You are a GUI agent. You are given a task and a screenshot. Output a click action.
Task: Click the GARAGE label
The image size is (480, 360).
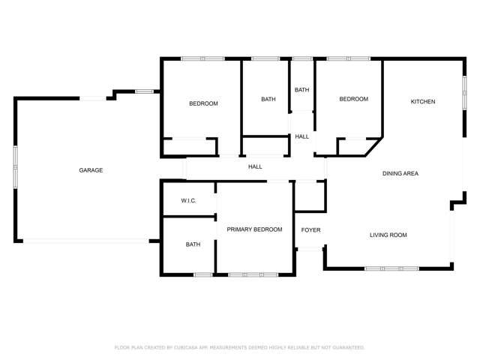pos(91,170)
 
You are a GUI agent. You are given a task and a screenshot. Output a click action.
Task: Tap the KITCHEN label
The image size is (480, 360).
pos(423,101)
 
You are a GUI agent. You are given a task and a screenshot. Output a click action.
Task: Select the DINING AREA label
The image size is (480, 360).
pos(400,174)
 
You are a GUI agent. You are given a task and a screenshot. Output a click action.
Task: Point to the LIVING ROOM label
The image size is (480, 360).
pos(388,235)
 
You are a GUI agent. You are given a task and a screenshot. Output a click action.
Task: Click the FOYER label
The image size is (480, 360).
pos(310,229)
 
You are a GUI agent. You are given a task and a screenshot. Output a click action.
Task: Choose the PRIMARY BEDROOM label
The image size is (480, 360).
pos(254,229)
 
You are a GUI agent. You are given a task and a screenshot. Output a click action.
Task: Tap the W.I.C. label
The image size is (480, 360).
pos(189,201)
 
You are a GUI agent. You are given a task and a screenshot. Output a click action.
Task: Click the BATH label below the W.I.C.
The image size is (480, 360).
pos(193,244)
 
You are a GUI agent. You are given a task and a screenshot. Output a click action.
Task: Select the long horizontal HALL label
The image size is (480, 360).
pos(255,166)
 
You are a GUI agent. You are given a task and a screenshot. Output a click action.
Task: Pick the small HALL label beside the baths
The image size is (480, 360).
pos(301,136)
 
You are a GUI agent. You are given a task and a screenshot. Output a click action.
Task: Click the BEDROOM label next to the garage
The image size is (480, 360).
pos(203,103)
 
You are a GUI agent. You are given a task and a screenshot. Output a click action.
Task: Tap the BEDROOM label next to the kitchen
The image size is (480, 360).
pos(353,99)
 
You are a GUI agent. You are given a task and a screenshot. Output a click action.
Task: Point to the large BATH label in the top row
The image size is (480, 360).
pos(268,99)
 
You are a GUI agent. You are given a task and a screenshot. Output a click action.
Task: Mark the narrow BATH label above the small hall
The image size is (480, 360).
pos(301,90)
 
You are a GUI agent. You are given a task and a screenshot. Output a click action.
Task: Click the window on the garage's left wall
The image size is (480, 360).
pos(15,167)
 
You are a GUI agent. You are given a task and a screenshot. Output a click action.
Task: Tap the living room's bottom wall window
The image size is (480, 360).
pos(391,268)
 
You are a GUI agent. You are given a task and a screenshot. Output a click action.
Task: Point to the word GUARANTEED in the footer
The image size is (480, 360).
pos(346,347)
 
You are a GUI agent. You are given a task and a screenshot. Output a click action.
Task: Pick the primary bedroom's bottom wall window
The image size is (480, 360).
pos(253,274)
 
